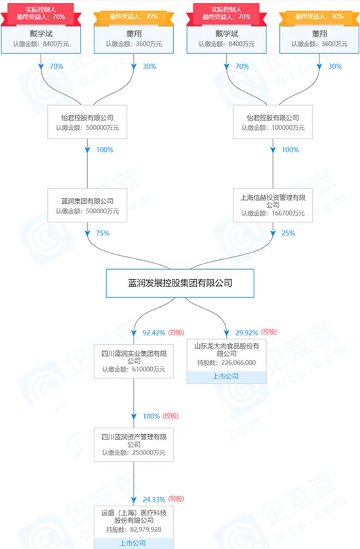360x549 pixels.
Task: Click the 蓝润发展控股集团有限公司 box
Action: coord(180,283)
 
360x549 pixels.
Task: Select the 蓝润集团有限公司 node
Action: coord(87,205)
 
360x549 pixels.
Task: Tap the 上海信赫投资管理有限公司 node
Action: coord(273,205)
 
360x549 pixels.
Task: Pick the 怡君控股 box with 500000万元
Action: coord(87,122)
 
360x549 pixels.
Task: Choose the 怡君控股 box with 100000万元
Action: coord(273,122)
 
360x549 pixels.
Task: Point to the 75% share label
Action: coord(102,234)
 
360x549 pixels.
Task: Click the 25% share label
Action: coord(289,234)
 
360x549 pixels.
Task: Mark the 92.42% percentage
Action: coord(153,333)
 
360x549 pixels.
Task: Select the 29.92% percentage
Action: coord(247,333)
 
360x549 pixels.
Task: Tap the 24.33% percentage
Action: coord(153,500)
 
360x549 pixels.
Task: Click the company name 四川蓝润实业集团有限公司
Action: coord(134,357)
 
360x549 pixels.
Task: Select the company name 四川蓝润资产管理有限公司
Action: coord(134,441)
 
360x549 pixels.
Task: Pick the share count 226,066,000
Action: coord(239,363)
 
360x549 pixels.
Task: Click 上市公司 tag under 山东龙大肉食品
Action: coord(226,376)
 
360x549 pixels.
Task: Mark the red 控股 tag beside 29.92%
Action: coord(269,332)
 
